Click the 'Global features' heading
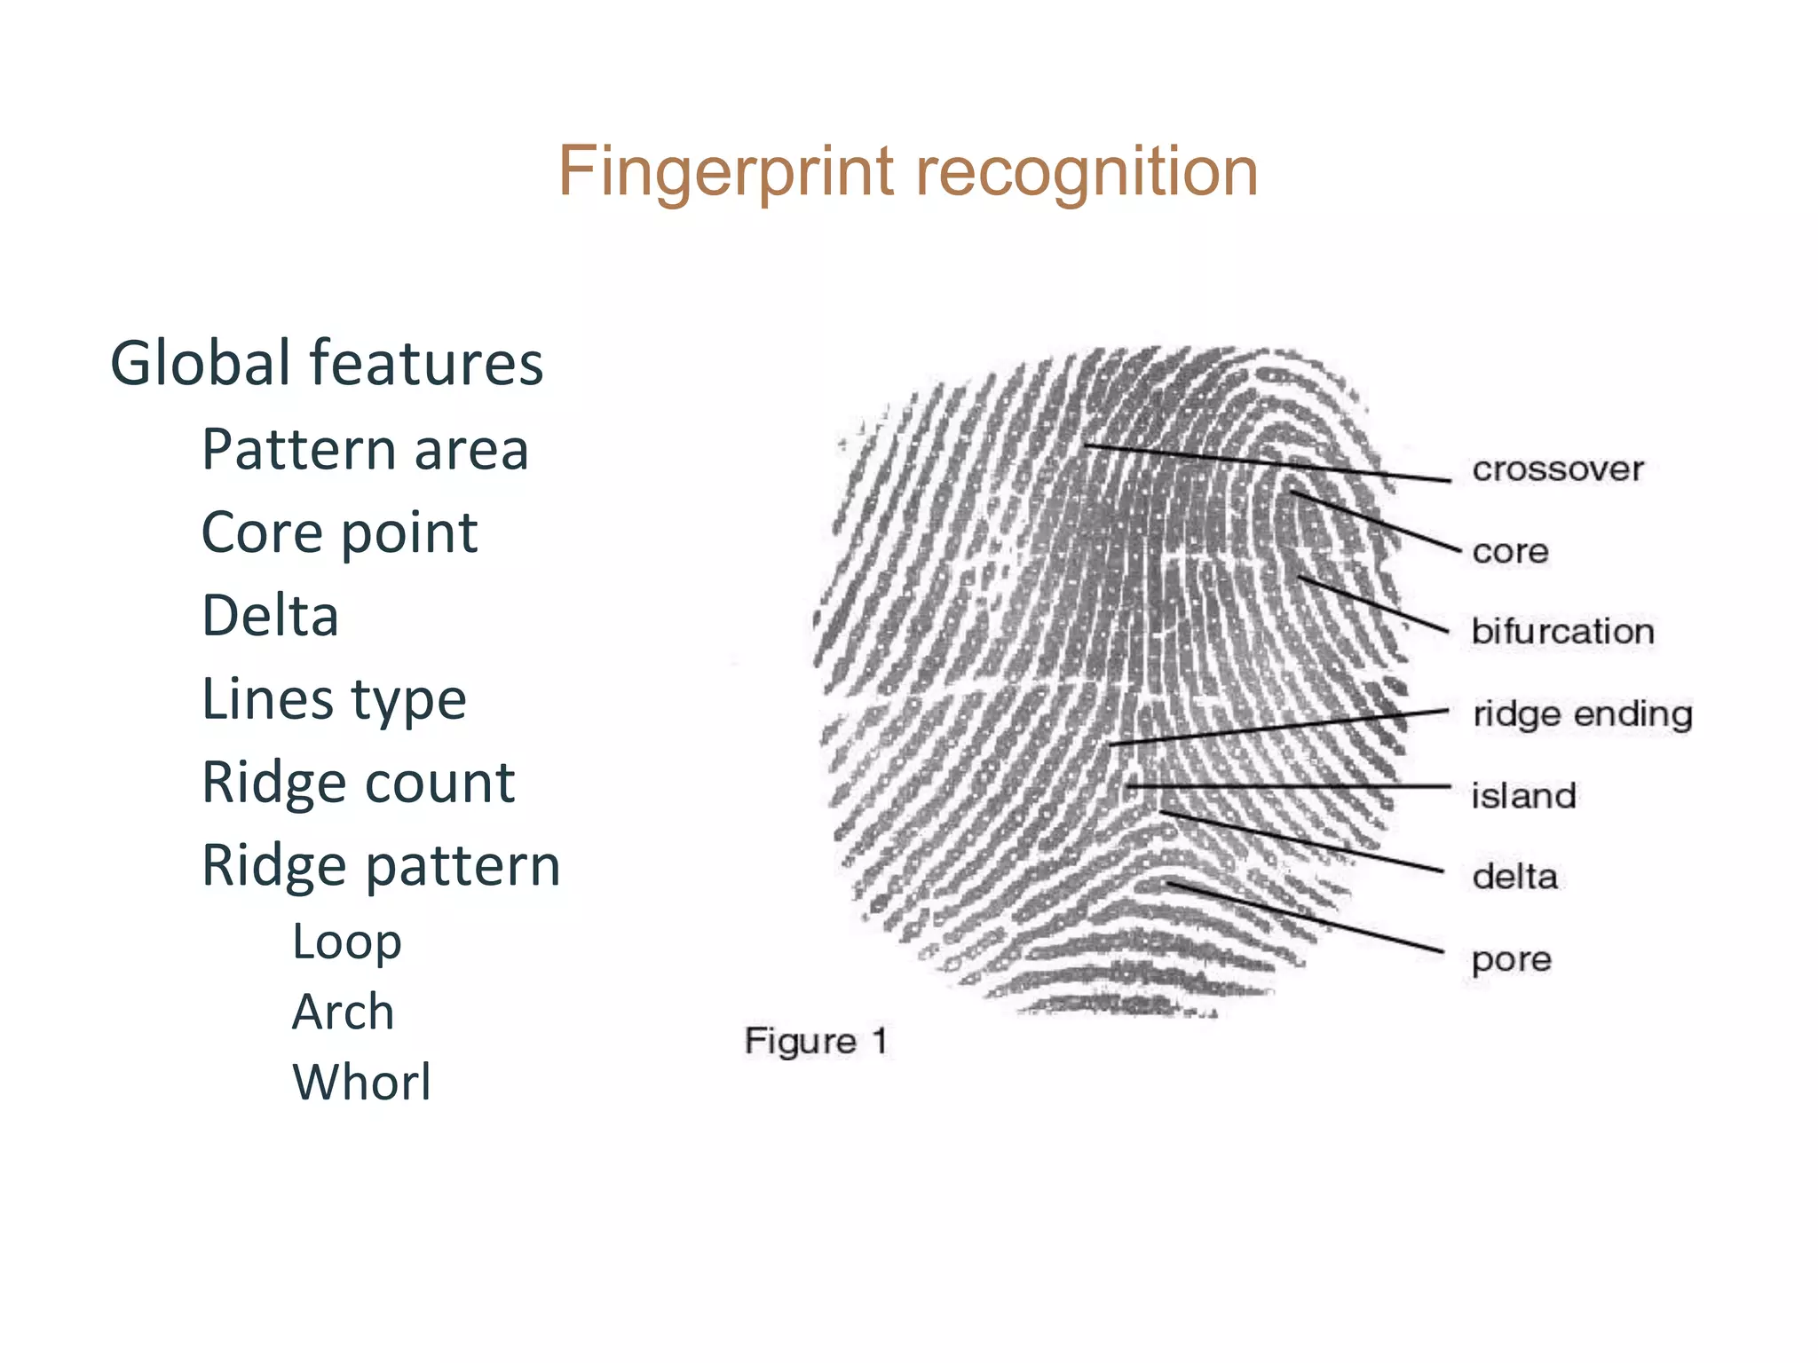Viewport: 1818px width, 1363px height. (326, 363)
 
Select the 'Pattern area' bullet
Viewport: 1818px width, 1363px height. (365, 449)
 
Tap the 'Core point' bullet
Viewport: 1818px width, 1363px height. (339, 532)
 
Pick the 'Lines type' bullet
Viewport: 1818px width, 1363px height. (334, 699)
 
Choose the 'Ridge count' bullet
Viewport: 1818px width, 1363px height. (358, 783)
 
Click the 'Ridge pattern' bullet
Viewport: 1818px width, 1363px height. (381, 865)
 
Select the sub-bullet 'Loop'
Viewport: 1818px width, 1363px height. (346, 941)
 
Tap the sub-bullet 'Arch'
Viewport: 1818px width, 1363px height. (343, 1012)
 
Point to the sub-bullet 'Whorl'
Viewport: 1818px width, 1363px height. (361, 1082)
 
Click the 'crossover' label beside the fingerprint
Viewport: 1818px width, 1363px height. (1557, 469)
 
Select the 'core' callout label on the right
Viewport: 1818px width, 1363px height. (1510, 552)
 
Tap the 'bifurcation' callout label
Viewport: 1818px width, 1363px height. (1562, 632)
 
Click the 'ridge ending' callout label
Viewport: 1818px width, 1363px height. (1582, 714)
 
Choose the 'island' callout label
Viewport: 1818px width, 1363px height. (1523, 796)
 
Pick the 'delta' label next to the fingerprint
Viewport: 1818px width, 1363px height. (1514, 878)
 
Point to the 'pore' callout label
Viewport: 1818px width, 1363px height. (1511, 959)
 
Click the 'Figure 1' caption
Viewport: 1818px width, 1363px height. (816, 1041)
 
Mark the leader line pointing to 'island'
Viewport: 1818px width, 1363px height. (1287, 786)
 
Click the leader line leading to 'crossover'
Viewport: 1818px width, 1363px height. (1269, 463)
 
